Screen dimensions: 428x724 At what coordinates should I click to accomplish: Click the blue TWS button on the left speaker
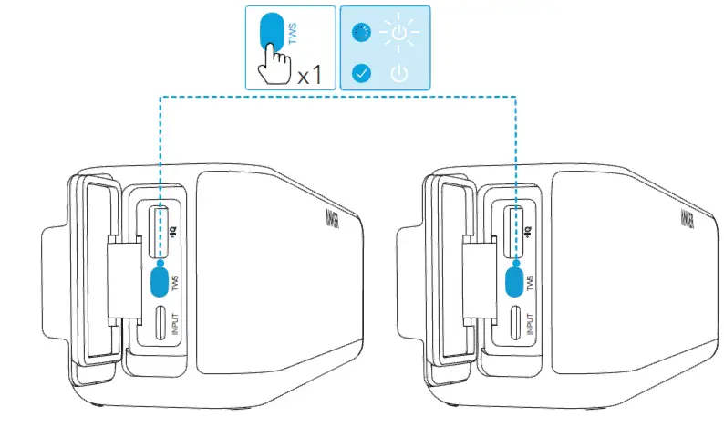tap(160, 281)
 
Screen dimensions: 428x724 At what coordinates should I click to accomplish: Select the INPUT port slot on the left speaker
tap(160, 323)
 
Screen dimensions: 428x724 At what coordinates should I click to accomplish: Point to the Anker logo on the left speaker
tap(330, 220)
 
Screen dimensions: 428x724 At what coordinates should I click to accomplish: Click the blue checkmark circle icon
tap(362, 72)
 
